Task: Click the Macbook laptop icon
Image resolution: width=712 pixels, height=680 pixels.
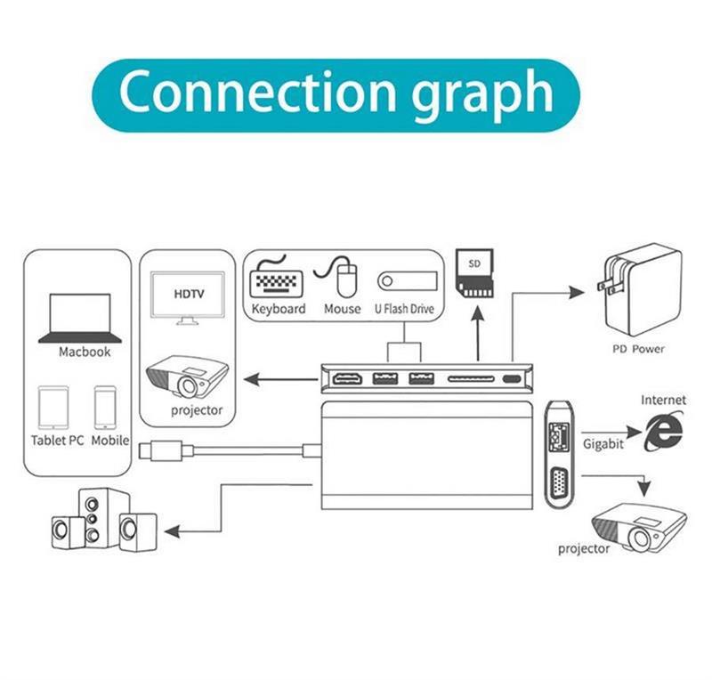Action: click(x=80, y=318)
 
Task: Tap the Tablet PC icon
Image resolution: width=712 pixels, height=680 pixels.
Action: click(x=53, y=408)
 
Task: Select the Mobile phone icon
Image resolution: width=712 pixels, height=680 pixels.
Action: click(x=105, y=408)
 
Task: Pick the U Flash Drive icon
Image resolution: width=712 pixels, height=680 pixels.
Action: click(x=408, y=281)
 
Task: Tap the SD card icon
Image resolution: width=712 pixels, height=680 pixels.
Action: click(x=474, y=273)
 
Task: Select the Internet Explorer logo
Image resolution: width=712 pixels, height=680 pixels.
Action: click(x=663, y=432)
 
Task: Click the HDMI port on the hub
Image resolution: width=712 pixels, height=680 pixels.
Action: click(x=347, y=378)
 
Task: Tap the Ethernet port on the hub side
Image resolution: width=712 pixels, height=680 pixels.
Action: click(x=559, y=437)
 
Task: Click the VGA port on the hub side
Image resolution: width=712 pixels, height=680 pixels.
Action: click(x=560, y=485)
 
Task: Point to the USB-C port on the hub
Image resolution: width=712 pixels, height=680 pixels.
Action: click(x=514, y=379)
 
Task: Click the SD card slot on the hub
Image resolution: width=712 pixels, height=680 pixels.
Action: click(x=472, y=378)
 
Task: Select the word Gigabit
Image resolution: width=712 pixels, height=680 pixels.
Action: click(x=603, y=444)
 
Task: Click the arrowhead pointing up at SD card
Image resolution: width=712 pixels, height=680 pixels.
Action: click(x=478, y=313)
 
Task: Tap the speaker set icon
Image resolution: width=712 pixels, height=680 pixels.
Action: click(x=104, y=520)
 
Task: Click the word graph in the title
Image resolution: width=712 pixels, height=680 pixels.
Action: click(x=482, y=94)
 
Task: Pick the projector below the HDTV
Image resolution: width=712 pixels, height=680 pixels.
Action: click(x=187, y=376)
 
